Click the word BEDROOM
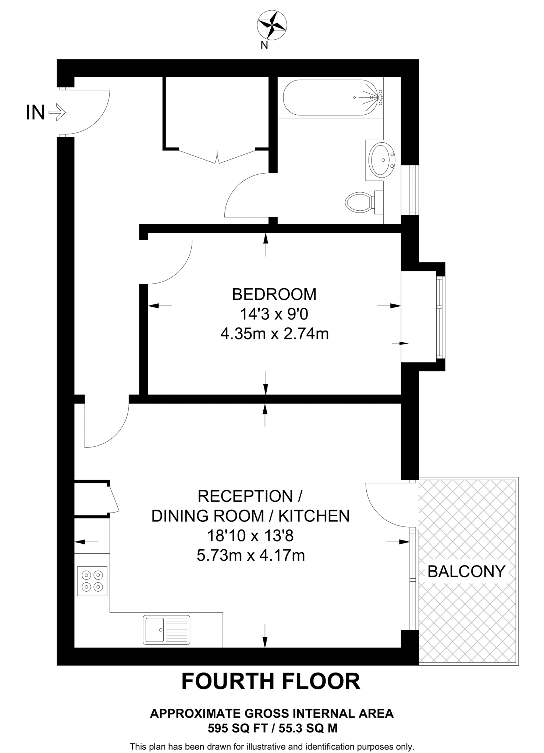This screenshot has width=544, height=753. pos(274,294)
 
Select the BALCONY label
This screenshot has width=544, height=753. pos(467,571)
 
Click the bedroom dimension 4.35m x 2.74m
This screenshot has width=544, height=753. pos(274,334)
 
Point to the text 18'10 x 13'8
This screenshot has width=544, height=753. pos(251,536)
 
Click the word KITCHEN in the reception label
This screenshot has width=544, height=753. pos(314,516)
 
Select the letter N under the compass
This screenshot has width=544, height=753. pos(264,45)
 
